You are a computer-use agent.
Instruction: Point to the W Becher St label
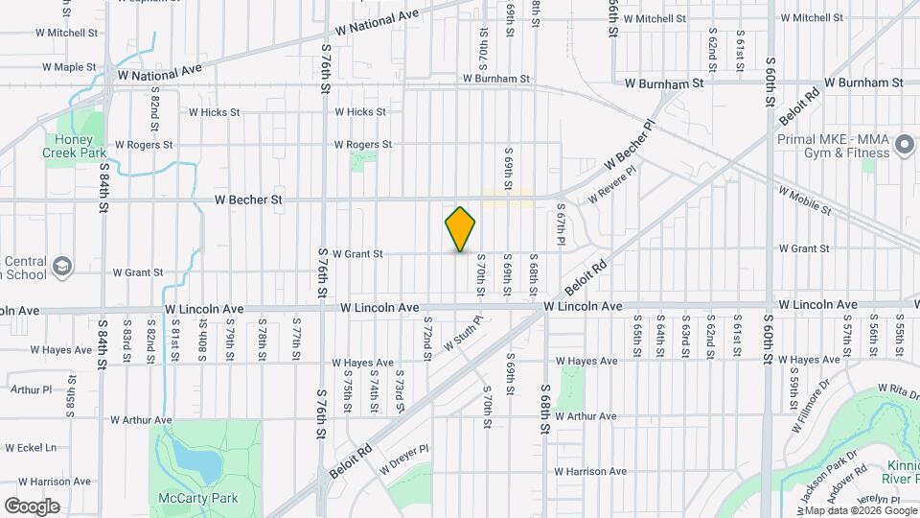coord(248,200)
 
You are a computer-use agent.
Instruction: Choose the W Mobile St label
coord(804,200)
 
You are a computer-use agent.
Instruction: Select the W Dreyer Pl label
coord(403,459)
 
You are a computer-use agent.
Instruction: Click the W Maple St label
coord(68,67)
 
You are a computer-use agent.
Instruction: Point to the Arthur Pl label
coord(31,389)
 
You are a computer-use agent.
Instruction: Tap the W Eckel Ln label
coord(31,447)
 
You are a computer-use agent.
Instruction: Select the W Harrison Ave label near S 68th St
coord(589,471)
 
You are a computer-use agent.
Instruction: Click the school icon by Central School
coord(62,265)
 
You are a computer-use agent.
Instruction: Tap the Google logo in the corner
coord(32,506)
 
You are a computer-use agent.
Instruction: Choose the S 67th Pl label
coord(562,222)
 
